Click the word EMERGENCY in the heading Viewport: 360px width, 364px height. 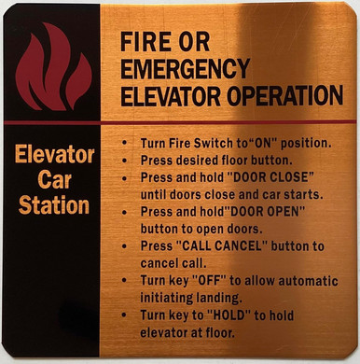[x=185, y=69]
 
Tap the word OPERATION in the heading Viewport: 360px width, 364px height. [x=286, y=95]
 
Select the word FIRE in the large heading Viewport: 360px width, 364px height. [x=145, y=43]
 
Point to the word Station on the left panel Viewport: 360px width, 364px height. [x=56, y=204]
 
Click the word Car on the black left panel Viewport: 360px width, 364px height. [x=56, y=179]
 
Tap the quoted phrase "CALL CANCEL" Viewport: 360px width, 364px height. [x=222, y=245]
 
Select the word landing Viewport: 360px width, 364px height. [x=223, y=298]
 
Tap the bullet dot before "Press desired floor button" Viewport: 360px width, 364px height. [x=127, y=161]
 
